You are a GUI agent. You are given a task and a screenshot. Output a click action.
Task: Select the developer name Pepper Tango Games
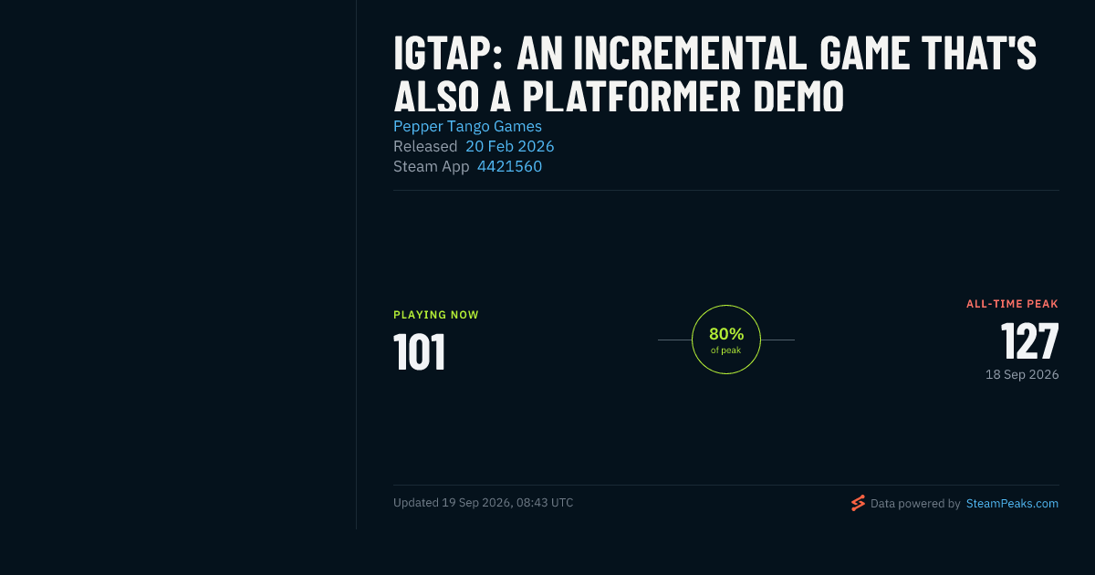(x=467, y=126)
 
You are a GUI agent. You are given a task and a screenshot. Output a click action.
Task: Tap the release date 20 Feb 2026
(x=509, y=146)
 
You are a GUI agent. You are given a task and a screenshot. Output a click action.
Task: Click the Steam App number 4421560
(x=509, y=166)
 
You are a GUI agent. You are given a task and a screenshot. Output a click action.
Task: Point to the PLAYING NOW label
(x=436, y=315)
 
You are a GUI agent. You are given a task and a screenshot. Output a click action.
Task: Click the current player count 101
(x=420, y=351)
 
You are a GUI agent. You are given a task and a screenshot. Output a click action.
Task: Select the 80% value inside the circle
(x=726, y=334)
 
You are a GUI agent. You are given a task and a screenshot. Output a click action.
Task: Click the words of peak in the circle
(x=726, y=350)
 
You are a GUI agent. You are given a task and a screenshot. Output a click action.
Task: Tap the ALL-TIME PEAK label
(x=1012, y=304)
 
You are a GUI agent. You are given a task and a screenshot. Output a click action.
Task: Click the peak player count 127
(x=1030, y=340)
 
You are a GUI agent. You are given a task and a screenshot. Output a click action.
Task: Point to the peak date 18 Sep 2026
(x=1022, y=374)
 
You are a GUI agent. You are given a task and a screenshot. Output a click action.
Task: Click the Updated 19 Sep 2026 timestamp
(x=483, y=503)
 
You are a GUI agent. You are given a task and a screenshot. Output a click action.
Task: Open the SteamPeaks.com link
(x=1012, y=504)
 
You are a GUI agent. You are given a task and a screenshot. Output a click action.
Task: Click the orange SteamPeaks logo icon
(x=858, y=503)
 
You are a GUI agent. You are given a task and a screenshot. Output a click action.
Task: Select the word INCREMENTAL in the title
(x=689, y=53)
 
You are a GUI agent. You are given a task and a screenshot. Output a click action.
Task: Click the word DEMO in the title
(x=798, y=96)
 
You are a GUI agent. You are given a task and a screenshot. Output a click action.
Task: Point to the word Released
(x=425, y=146)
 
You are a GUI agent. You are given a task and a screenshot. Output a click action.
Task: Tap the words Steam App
(x=431, y=167)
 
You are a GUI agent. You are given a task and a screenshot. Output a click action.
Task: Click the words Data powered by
(x=915, y=504)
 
